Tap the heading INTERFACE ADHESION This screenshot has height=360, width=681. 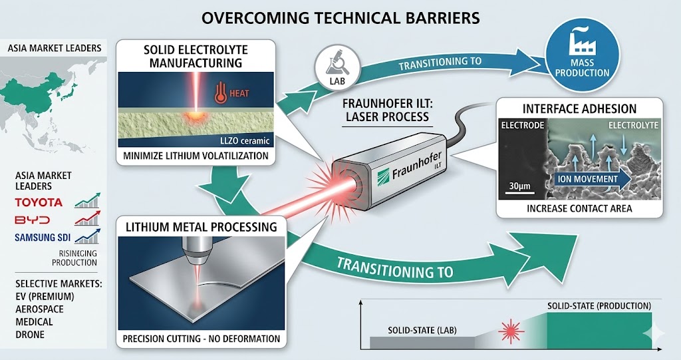click(580, 108)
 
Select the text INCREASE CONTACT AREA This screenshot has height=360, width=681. click(579, 208)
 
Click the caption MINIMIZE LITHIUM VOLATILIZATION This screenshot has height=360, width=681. click(196, 156)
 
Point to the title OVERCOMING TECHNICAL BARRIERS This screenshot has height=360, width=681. click(340, 18)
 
